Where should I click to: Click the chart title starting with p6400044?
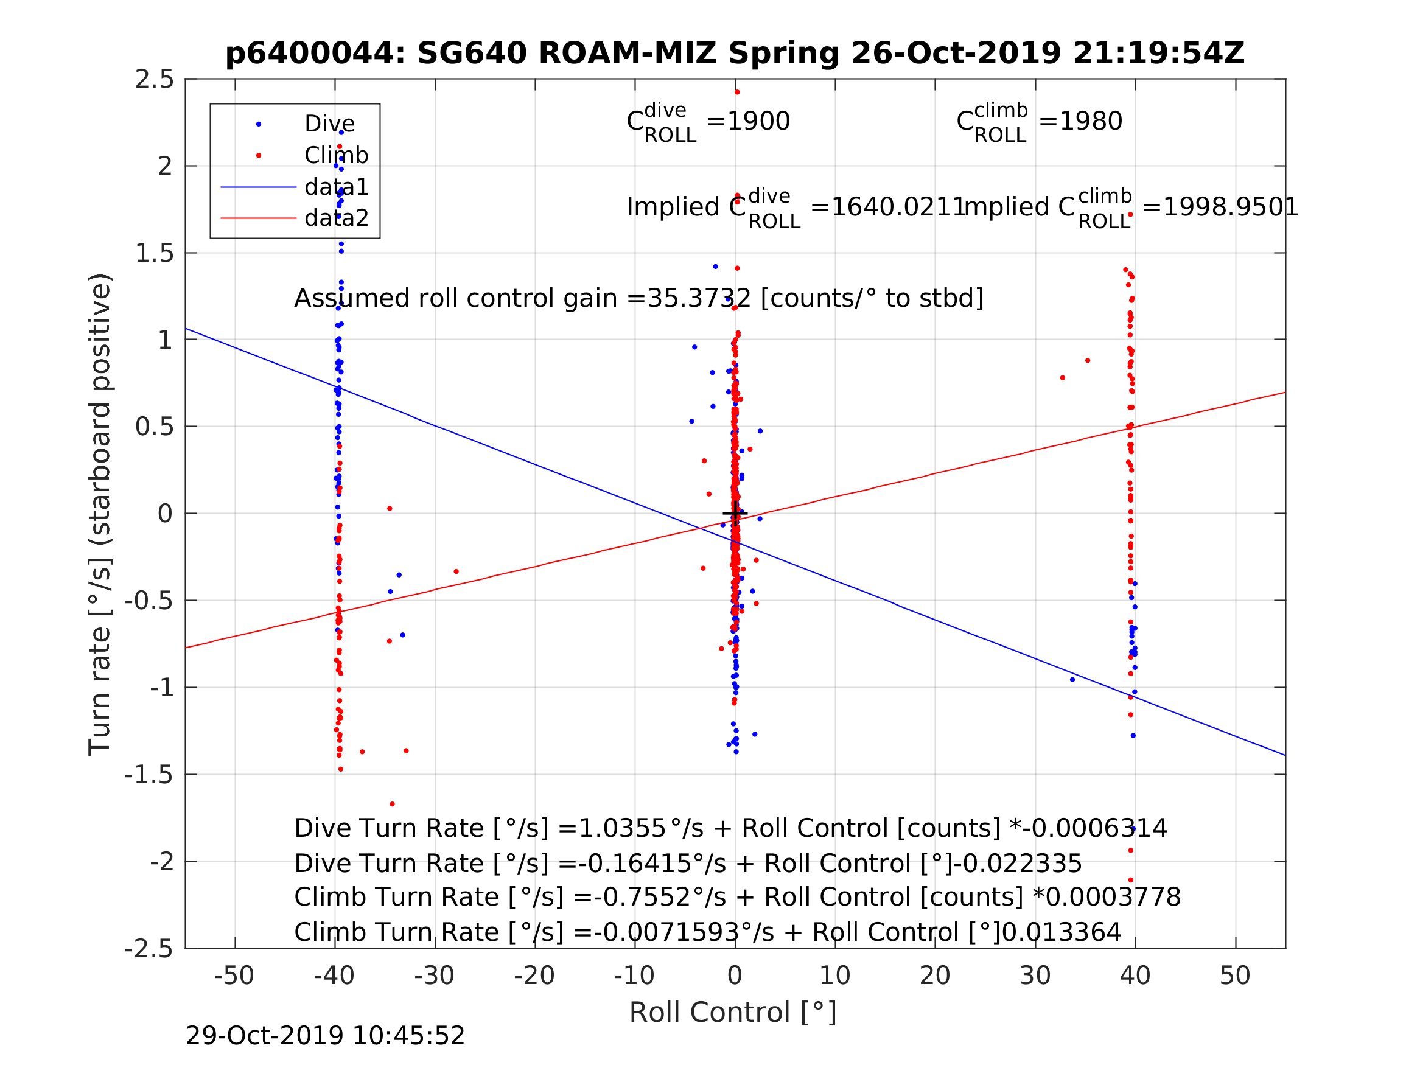click(735, 54)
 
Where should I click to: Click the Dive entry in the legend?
click(329, 124)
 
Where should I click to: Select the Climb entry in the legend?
click(336, 155)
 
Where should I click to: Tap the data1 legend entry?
click(337, 187)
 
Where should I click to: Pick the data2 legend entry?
click(337, 218)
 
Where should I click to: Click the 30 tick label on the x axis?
click(1034, 976)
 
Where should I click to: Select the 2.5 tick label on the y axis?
click(154, 80)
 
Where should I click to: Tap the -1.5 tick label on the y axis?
click(149, 775)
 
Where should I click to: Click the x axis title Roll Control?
click(732, 1013)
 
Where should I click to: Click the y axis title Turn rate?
click(100, 514)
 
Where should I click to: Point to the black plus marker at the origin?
click(735, 513)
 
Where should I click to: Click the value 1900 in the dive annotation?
click(758, 121)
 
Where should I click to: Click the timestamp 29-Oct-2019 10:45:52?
click(325, 1036)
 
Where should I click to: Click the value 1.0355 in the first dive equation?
click(621, 828)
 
